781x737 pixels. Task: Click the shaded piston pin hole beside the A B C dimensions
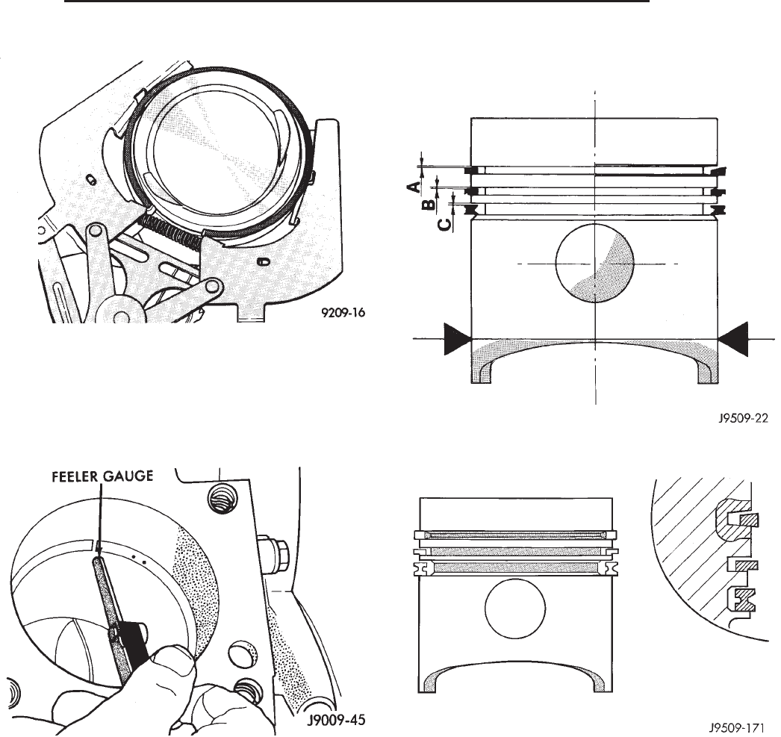(x=595, y=264)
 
